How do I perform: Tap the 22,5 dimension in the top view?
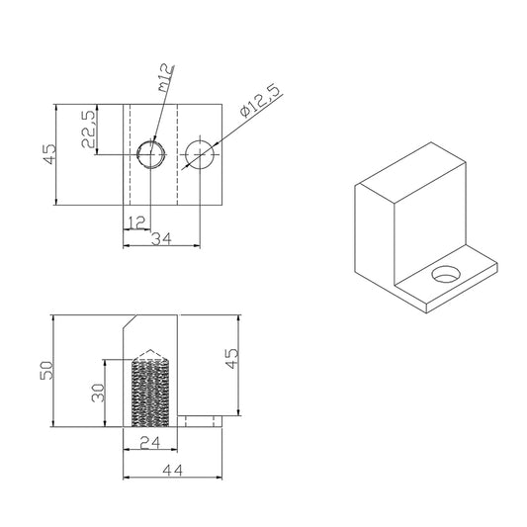pyautogui.click(x=87, y=130)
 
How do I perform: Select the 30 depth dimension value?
pyautogui.click(x=96, y=393)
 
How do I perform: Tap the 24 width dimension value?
pyautogui.click(x=150, y=444)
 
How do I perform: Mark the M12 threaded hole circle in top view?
pyautogui.click(x=150, y=154)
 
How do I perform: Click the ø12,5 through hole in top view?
pyautogui.click(x=201, y=154)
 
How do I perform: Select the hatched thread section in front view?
pyautogui.click(x=151, y=394)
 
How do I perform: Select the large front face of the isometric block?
pyautogui.click(x=376, y=237)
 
